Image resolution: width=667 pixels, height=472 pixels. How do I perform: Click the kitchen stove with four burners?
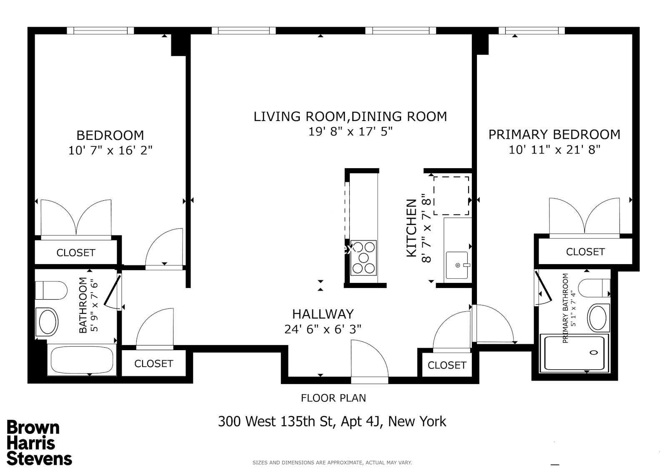point(364,257)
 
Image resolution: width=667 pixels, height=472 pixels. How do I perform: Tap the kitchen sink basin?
point(457,265)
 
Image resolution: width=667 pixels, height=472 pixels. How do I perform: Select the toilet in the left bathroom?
point(51,290)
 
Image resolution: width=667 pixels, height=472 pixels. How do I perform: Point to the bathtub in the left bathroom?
point(82,359)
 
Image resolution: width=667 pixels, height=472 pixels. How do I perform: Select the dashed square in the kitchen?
point(451,195)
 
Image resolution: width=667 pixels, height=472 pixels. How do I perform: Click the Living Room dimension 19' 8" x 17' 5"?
point(350,132)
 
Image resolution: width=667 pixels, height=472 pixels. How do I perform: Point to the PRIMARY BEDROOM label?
point(554,134)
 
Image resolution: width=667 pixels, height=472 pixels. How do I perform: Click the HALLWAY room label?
point(323,314)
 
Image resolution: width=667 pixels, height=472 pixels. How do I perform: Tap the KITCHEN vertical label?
point(411,228)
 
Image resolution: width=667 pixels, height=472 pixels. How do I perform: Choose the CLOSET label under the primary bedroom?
point(585,252)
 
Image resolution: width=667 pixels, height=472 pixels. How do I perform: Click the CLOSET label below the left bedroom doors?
point(76,252)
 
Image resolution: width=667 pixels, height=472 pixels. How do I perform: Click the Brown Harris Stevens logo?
point(39,443)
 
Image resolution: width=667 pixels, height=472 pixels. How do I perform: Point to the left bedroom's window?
point(100,30)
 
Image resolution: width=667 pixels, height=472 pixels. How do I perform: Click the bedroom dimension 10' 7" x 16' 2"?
point(110,150)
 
